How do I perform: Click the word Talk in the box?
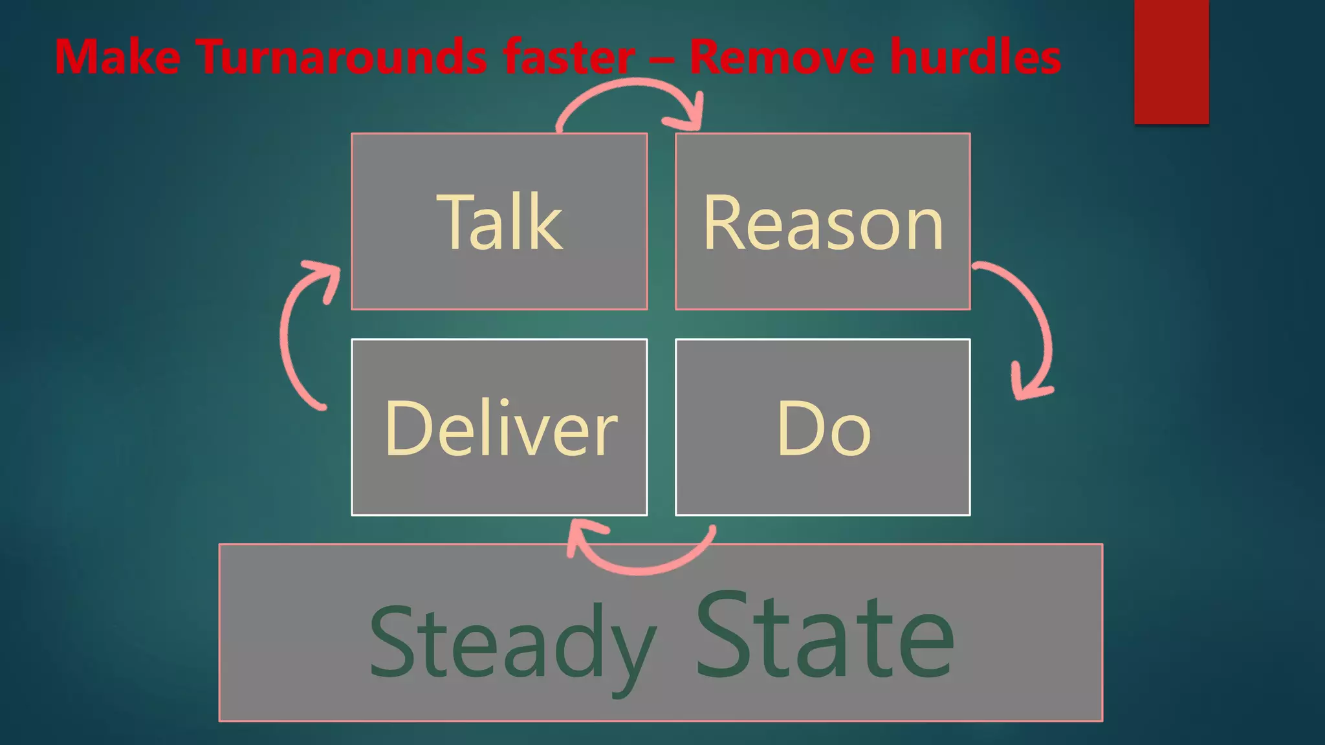[x=499, y=222]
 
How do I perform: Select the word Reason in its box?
[x=823, y=223]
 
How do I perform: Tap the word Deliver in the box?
[x=500, y=429]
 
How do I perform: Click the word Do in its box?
[x=823, y=429]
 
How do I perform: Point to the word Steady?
[x=511, y=643]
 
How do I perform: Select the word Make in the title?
[x=117, y=57]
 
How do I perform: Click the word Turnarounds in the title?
[x=343, y=57]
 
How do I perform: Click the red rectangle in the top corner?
[x=1171, y=61]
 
